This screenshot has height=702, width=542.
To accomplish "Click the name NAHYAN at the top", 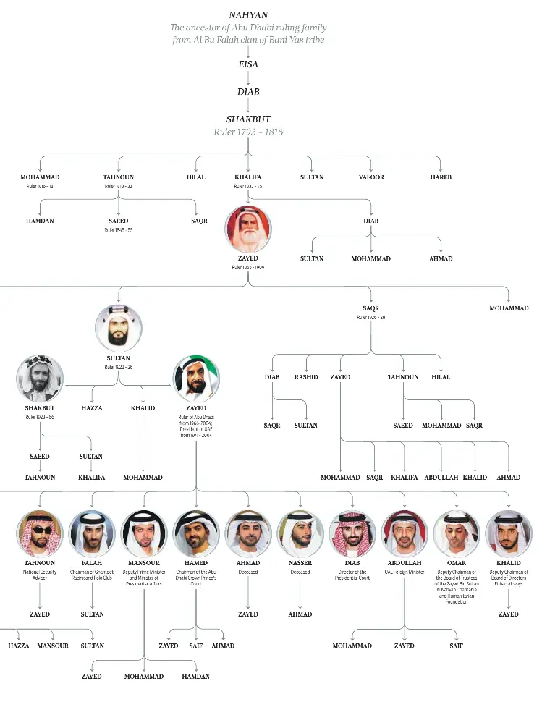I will point(247,14).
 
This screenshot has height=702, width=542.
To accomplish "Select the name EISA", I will point(247,64).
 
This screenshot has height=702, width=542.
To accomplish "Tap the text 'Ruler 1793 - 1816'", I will point(247,132).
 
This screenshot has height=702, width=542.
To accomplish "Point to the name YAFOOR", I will point(371,177).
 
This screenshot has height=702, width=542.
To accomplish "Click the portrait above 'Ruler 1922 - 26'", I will point(118,329).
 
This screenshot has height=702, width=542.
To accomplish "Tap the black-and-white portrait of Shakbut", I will point(40,379).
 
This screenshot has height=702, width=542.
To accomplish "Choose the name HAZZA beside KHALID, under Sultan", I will point(92,408).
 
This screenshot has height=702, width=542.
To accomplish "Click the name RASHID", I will point(305,377).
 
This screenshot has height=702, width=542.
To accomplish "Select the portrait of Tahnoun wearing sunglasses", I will point(40,534).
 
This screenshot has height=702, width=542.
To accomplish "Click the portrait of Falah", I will point(92,534).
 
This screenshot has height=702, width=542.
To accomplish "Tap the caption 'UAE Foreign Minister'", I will point(405,572).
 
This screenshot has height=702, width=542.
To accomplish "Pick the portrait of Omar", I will point(457,534).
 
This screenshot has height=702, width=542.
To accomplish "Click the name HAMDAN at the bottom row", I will point(195,677).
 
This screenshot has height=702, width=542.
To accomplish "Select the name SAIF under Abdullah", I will point(456,646).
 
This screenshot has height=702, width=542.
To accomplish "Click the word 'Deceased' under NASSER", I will point(300,572).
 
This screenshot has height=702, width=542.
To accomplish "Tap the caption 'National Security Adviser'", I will point(40,575).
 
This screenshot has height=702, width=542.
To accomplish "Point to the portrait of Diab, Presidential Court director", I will point(352,534).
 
